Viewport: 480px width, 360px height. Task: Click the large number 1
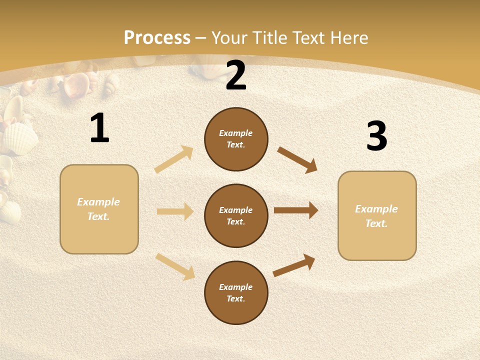coord(99,128)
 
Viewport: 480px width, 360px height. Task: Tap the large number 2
coord(236,75)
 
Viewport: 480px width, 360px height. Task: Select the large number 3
coord(376,136)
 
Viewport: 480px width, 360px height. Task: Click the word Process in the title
coord(157,37)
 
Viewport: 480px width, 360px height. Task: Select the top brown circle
coord(236,139)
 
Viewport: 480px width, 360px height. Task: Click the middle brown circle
coord(236,215)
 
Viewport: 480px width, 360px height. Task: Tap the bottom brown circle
coord(236,292)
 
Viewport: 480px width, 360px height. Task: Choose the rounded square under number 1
coord(99,209)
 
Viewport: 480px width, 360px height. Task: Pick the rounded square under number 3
coord(377,215)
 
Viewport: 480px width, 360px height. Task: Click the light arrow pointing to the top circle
coord(174,159)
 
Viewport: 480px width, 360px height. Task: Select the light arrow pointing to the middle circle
coord(175,211)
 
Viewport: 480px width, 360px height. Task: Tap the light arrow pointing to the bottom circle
coord(175,266)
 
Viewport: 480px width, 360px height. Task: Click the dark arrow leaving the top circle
coord(297,160)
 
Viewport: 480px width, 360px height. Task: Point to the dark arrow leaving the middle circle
coord(296,210)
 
